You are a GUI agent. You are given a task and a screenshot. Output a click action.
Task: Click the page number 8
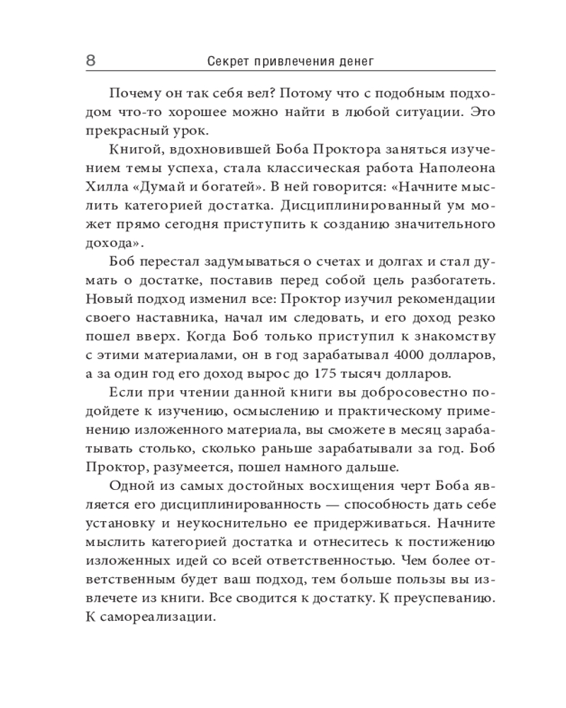(91, 61)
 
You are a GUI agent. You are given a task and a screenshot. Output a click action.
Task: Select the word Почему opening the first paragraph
(134, 94)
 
